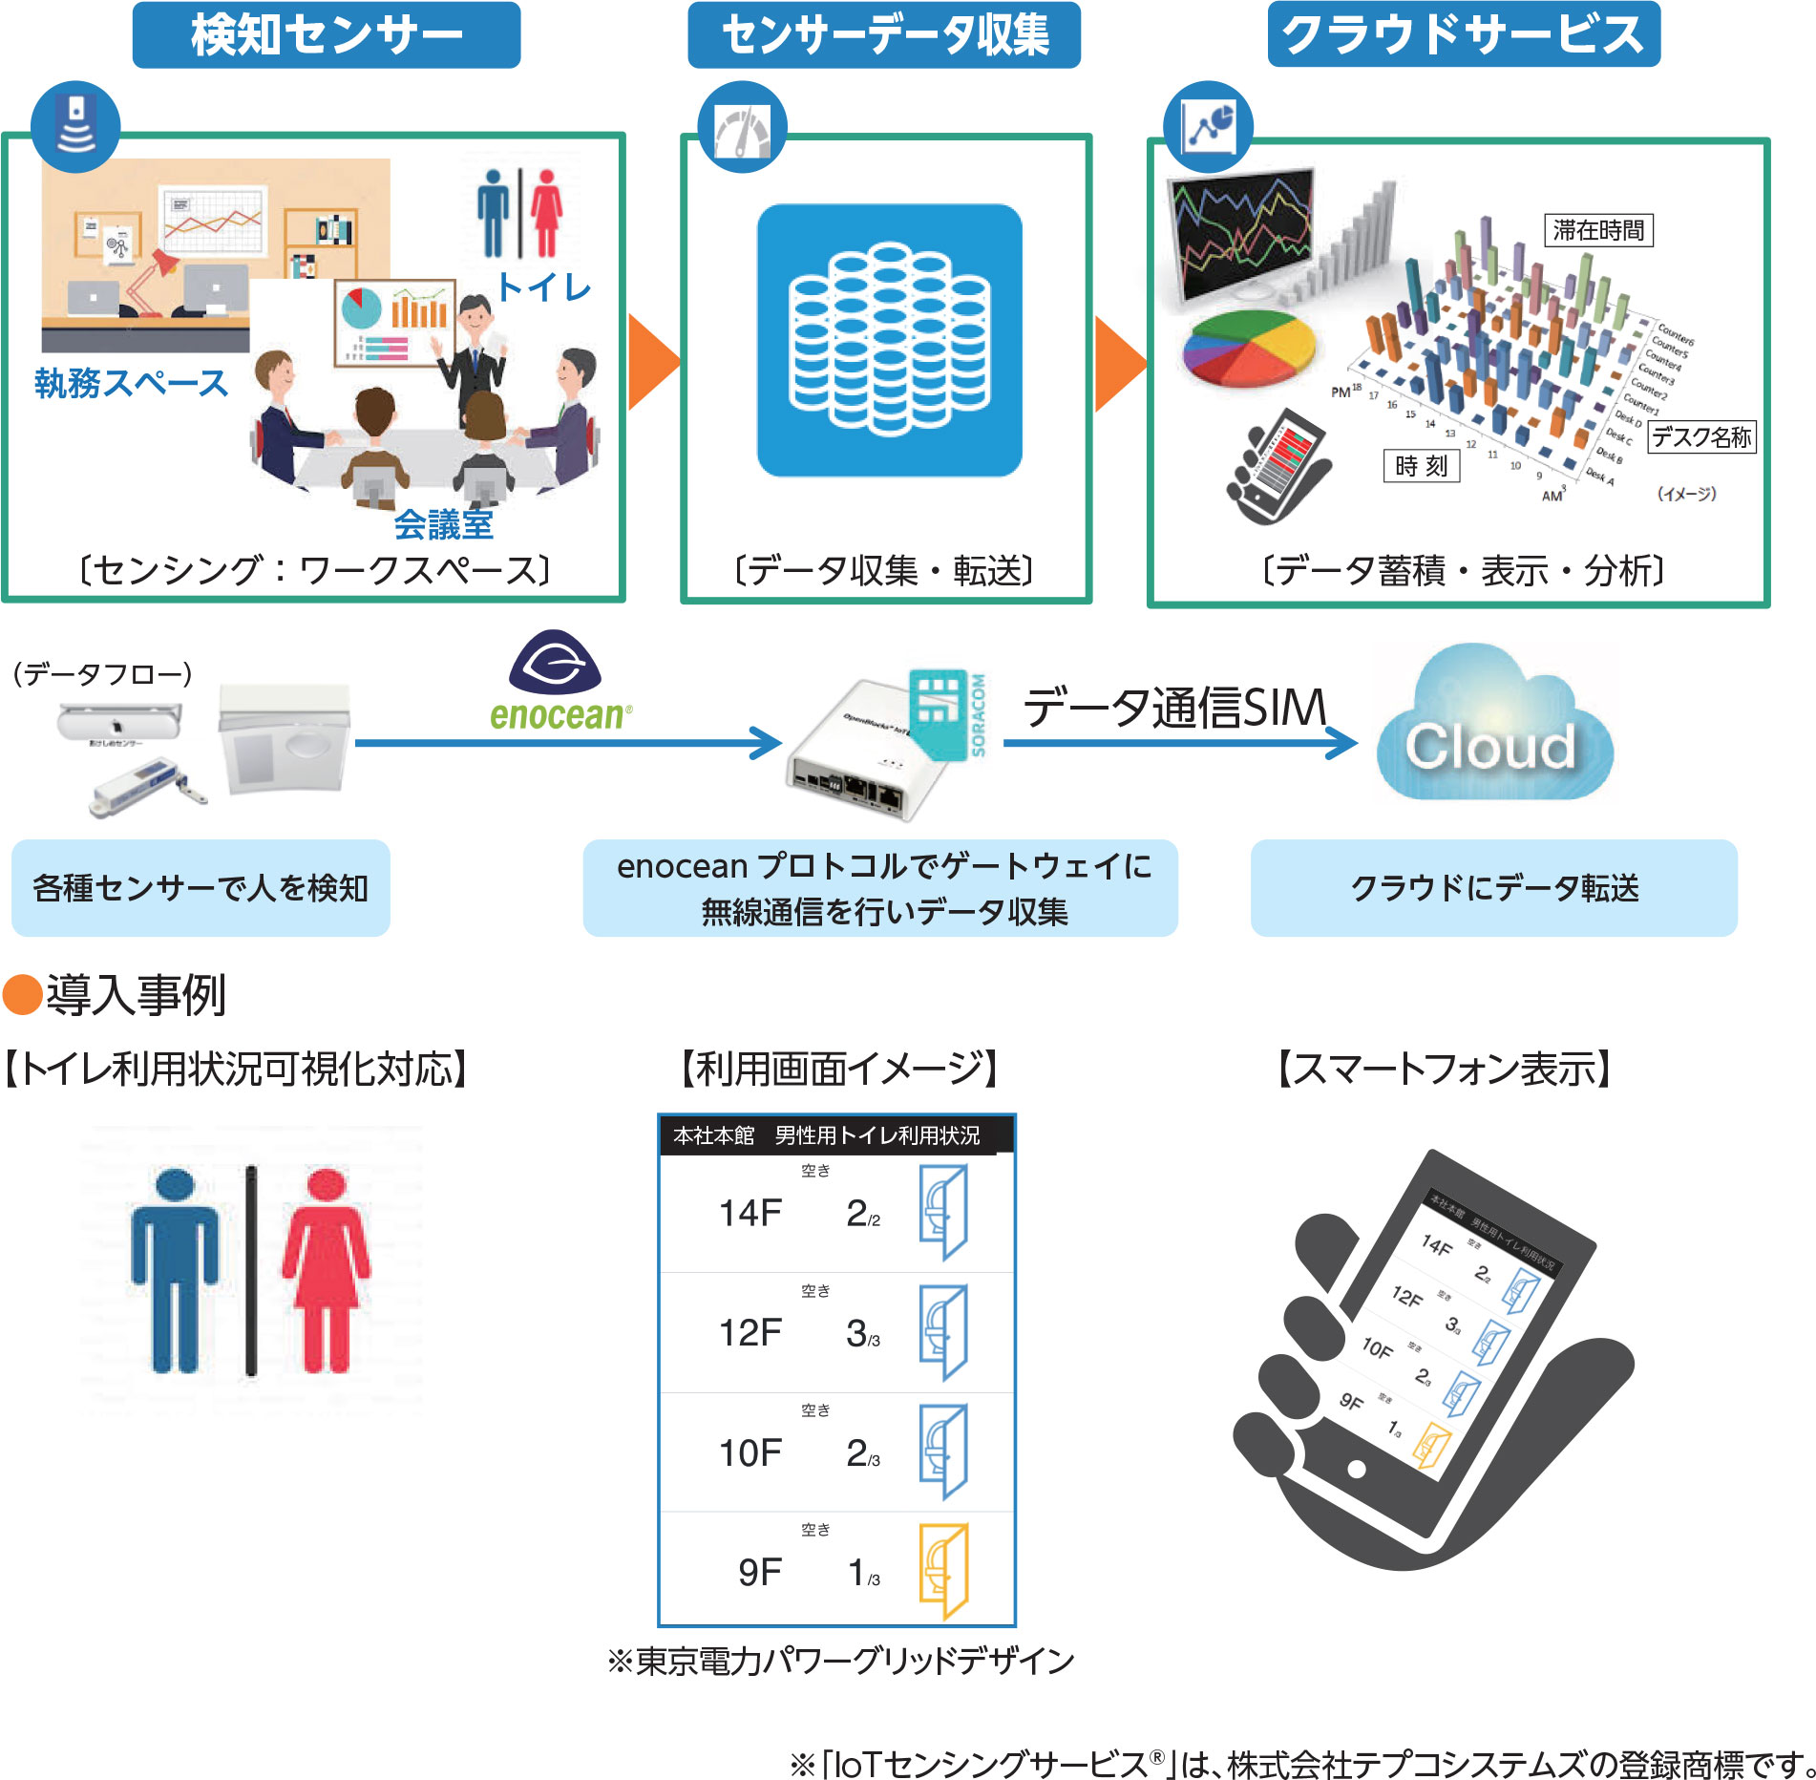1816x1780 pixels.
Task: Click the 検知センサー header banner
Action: (x=326, y=35)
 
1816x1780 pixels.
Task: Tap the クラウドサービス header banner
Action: (x=1463, y=35)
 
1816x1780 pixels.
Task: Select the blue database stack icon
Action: (x=889, y=339)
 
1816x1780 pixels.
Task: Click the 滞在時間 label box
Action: (x=1597, y=230)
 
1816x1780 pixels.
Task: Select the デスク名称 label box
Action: (x=1701, y=437)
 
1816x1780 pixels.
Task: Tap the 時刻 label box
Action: (x=1421, y=466)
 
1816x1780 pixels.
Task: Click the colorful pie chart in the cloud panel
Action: (x=1247, y=348)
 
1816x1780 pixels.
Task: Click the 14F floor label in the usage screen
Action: (x=750, y=1213)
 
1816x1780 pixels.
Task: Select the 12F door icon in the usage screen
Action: (x=943, y=1331)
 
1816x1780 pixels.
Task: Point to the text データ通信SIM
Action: (x=1174, y=708)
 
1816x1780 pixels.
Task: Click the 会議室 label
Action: (x=444, y=524)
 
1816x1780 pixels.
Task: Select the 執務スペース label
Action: (x=132, y=383)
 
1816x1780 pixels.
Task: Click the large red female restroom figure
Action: (x=327, y=1270)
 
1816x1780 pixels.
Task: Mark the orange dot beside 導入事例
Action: (x=22, y=994)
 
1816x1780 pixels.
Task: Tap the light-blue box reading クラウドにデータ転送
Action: (x=1493, y=888)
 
